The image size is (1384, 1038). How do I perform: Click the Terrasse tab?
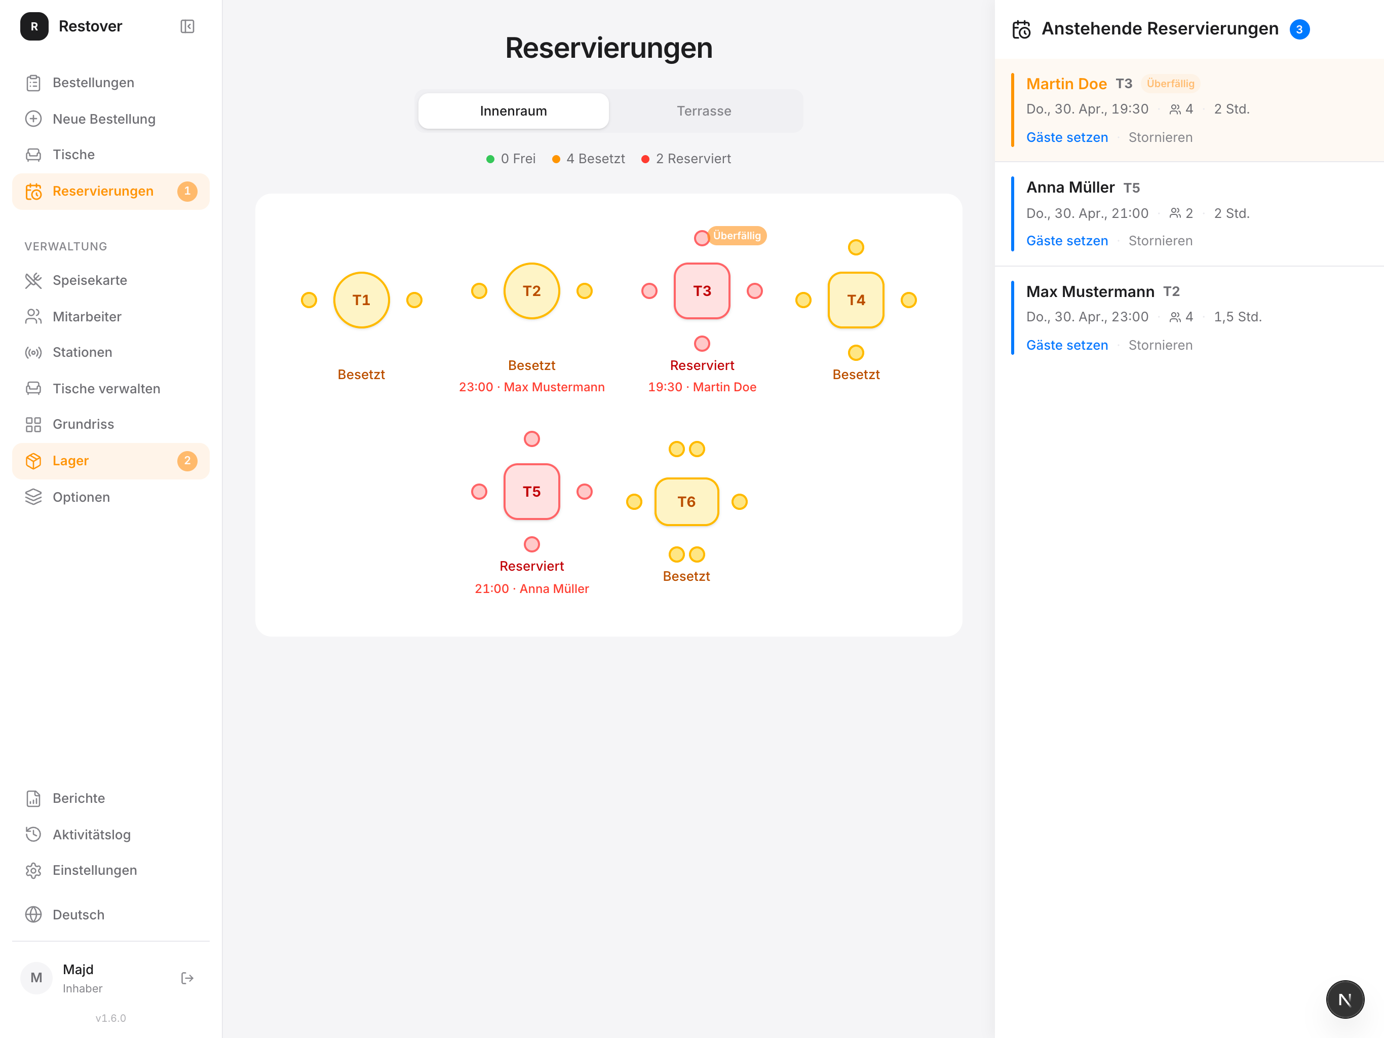tap(704, 111)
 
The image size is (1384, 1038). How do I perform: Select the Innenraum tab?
tap(513, 111)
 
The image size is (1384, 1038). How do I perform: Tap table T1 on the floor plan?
tap(362, 300)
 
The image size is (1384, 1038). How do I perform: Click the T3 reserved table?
tap(702, 290)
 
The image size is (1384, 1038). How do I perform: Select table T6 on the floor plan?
tap(686, 501)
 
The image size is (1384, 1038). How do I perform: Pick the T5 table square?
tap(532, 492)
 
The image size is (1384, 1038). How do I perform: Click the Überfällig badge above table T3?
tap(737, 235)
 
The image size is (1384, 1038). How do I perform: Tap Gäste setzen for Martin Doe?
tap(1067, 137)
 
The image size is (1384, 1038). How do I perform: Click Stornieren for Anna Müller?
tap(1160, 241)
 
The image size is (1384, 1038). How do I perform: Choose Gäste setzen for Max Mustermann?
tap(1067, 345)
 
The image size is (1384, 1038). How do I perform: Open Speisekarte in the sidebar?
tap(90, 280)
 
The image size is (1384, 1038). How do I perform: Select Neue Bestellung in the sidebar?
tap(104, 119)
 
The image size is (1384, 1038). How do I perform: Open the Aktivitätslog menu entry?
tap(91, 835)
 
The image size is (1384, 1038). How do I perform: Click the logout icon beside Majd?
tap(187, 978)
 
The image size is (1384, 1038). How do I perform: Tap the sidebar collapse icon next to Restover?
tap(187, 26)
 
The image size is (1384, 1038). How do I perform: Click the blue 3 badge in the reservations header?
tap(1299, 29)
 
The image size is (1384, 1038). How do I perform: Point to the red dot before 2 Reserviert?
tap(645, 159)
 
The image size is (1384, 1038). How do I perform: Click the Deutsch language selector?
tap(78, 915)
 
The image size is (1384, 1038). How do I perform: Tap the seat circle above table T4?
tap(856, 247)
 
